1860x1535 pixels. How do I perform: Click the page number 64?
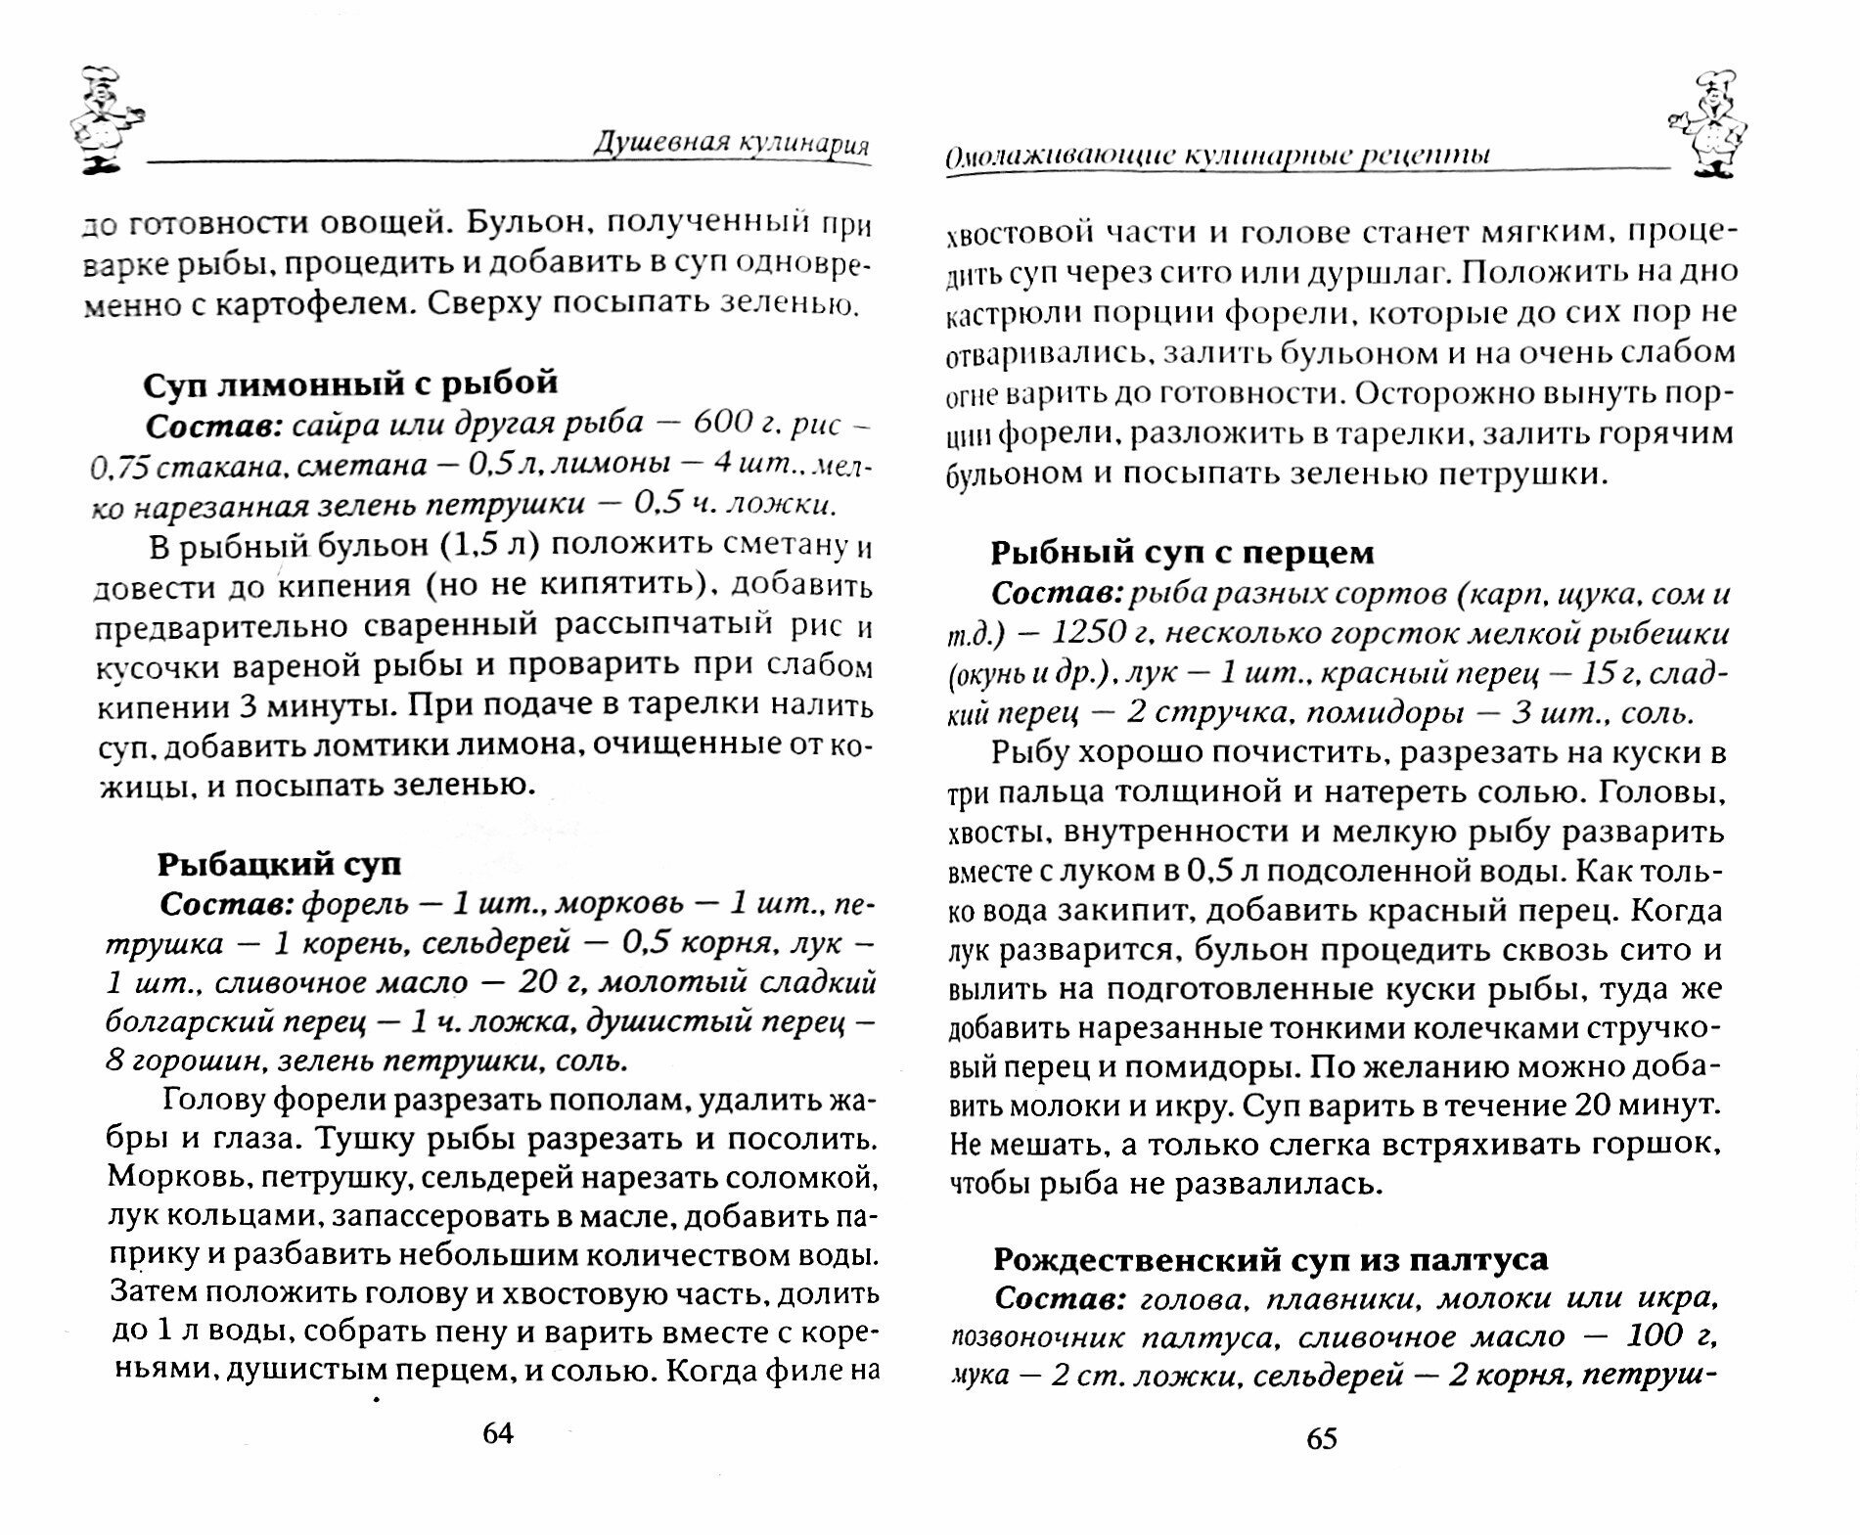click(497, 1432)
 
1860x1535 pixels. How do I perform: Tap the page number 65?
click(1320, 1437)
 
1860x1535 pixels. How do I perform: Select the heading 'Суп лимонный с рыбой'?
click(350, 383)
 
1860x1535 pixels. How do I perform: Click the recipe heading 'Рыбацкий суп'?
click(279, 865)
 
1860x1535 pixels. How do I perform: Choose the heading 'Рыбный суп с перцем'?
click(1183, 553)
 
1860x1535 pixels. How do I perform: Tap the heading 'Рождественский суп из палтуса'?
click(1270, 1258)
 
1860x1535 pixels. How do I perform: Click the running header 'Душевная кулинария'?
click(732, 145)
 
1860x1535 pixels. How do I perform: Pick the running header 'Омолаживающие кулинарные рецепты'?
click(1217, 156)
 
